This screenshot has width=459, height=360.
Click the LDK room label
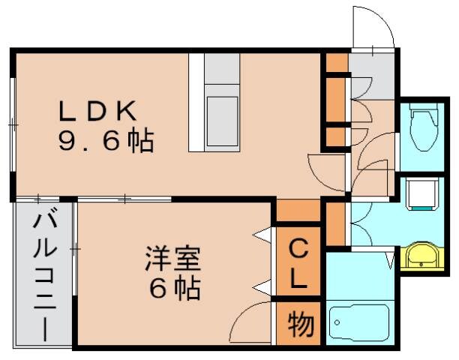pos(98,111)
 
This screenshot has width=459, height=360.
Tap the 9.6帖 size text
pos(106,140)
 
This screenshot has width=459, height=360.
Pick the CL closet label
pos(298,264)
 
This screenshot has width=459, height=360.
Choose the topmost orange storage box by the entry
pos(336,62)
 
